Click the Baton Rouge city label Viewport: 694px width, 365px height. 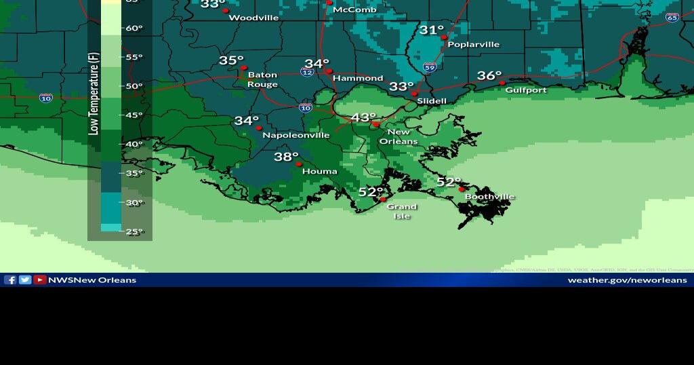coord(262,79)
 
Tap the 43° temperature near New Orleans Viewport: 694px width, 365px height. coord(363,117)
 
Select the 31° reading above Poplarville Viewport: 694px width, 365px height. coord(431,30)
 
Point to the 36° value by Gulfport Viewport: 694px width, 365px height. coord(489,76)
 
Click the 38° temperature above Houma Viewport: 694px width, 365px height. coord(286,157)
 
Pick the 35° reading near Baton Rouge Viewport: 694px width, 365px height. coord(231,60)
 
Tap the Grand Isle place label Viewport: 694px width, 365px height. coord(401,211)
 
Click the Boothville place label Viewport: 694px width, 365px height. coord(489,197)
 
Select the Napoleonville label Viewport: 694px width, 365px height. coord(295,135)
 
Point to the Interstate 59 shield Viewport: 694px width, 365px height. coord(430,67)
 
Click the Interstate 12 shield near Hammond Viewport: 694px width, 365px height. coord(307,72)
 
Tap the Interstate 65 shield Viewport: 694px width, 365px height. coord(672,18)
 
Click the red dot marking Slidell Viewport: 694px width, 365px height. coord(413,94)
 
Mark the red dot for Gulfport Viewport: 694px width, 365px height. coord(502,83)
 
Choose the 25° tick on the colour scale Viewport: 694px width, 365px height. coord(134,232)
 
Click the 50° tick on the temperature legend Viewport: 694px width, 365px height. coord(134,86)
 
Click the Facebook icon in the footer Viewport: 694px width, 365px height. coord(10,280)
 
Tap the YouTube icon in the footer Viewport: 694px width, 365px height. coord(40,280)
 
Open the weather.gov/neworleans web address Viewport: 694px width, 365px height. coord(627,280)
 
